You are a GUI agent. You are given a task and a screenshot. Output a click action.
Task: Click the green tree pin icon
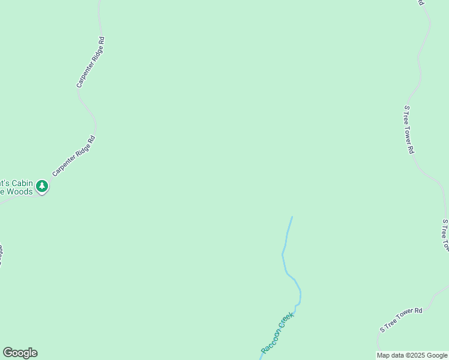pos(41,187)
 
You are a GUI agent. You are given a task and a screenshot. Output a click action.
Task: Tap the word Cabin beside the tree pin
pos(19,183)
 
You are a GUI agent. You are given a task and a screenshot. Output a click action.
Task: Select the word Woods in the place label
pos(20,191)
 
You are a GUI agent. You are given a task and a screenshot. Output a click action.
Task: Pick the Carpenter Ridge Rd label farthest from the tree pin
pos(91,62)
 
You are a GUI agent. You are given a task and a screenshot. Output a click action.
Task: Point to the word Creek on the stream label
pos(286,320)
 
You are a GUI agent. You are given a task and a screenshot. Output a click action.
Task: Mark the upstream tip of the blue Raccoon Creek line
pos(292,217)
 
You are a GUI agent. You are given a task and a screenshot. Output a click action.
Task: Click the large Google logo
pos(20,353)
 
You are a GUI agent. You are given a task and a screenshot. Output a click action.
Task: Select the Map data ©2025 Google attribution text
pos(412,355)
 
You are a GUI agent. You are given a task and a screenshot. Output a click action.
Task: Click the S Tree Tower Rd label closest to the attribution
pos(402,320)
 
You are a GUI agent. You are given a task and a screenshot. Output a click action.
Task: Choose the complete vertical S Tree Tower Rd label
pos(409,130)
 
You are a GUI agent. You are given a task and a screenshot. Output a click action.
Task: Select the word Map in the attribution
pos(383,355)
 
